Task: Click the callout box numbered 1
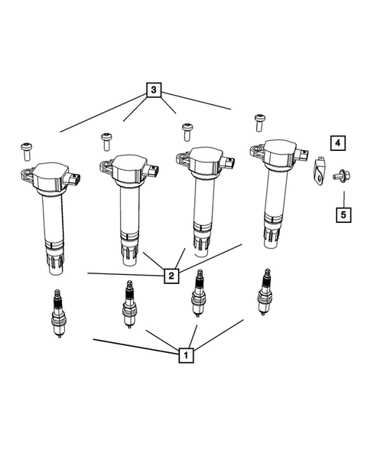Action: click(184, 355)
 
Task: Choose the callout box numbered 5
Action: click(343, 214)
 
